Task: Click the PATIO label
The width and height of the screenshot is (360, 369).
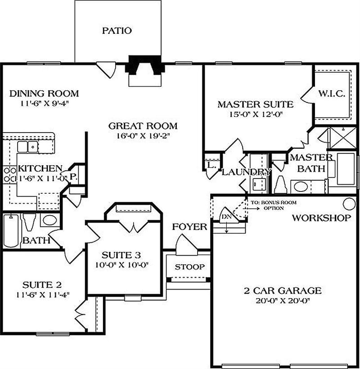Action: coord(117,31)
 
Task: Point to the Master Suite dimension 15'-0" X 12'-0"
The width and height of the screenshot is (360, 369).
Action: coord(255,115)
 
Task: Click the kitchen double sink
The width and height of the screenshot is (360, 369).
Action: coord(27,147)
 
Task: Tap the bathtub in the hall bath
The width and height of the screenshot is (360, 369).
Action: coord(11,231)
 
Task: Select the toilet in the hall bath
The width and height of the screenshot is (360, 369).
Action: coord(30,222)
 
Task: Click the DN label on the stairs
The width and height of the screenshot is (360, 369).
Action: coord(226,217)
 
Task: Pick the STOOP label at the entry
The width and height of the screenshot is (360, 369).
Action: coord(189,267)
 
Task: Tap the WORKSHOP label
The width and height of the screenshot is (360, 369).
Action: coord(321,218)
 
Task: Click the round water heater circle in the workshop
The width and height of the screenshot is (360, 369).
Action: coord(349,204)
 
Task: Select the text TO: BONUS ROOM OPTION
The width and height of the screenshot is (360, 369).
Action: coord(274,205)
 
